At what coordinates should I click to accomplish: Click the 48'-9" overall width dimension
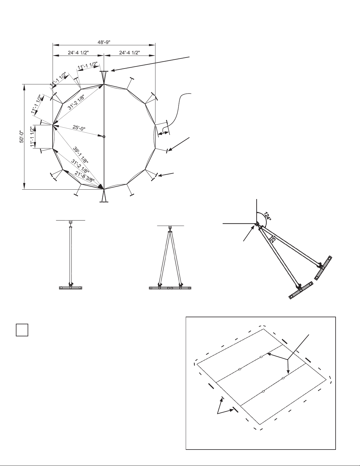pyautogui.click(x=104, y=42)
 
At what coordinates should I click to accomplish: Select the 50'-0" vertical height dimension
pyautogui.click(x=22, y=137)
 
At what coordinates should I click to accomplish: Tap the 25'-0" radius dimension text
pyautogui.click(x=79, y=128)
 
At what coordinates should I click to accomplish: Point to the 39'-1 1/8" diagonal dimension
pyautogui.click(x=81, y=155)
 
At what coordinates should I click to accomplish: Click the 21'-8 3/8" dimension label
pyautogui.click(x=84, y=176)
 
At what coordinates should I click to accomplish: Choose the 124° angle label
pyautogui.click(x=267, y=216)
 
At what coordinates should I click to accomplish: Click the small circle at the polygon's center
pyautogui.click(x=104, y=137)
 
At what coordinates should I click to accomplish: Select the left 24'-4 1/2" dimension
pyautogui.click(x=78, y=53)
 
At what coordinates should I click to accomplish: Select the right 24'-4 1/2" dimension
pyautogui.click(x=129, y=53)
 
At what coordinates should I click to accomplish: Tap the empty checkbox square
pyautogui.click(x=22, y=330)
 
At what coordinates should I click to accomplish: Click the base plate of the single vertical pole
pyautogui.click(x=71, y=288)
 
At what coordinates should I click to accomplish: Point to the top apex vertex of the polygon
pyautogui.click(x=104, y=84)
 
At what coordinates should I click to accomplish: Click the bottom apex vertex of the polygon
pyautogui.click(x=104, y=189)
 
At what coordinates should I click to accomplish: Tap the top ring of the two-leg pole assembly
pyautogui.click(x=170, y=228)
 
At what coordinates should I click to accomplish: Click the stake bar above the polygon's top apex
pyautogui.click(x=104, y=71)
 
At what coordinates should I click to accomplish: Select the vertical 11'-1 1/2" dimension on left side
pyautogui.click(x=33, y=137)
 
